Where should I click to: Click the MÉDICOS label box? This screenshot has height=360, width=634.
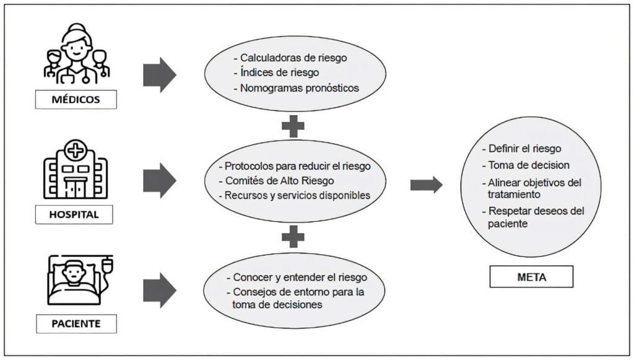pyautogui.click(x=76, y=100)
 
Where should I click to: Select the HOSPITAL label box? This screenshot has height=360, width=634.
pyautogui.click(x=74, y=214)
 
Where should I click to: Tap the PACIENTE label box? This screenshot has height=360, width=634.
pyautogui.click(x=76, y=323)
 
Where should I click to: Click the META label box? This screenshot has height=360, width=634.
pyautogui.click(x=531, y=277)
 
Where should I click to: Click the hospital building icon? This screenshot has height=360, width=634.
pyautogui.click(x=75, y=169)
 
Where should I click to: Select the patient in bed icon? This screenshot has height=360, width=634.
pyautogui.click(x=80, y=280)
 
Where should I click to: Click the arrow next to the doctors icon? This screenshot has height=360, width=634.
pyautogui.click(x=160, y=75)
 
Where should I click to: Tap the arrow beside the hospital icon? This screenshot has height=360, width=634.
pyautogui.click(x=160, y=180)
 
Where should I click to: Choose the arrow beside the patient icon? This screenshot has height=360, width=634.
pyautogui.click(x=160, y=290)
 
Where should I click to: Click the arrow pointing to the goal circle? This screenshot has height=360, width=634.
pyautogui.click(x=426, y=185)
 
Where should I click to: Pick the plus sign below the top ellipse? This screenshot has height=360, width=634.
pyautogui.click(x=293, y=126)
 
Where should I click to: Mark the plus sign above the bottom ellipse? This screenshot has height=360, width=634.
pyautogui.click(x=293, y=237)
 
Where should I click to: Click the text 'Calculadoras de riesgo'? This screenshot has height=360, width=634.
pyautogui.click(x=293, y=58)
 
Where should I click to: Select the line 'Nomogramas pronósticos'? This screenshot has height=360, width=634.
pyautogui.click(x=300, y=88)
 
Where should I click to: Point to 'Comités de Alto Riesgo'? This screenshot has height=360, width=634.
pyautogui.click(x=279, y=181)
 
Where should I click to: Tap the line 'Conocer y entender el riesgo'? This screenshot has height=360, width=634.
pyautogui.click(x=300, y=278)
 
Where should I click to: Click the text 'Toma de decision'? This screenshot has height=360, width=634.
pyautogui.click(x=529, y=165)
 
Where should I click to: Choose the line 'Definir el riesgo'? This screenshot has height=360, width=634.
pyautogui.click(x=525, y=149)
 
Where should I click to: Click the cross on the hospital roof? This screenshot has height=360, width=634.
pyautogui.click(x=75, y=151)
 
